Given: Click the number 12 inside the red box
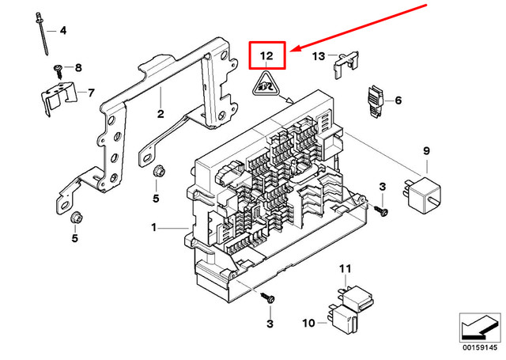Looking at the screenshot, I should (267, 56).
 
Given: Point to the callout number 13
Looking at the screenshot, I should (318, 56).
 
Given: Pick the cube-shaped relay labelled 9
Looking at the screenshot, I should (425, 195).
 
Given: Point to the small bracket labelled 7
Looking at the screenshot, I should (59, 99).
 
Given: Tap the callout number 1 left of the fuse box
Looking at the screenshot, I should (154, 228).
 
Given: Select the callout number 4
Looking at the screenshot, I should (63, 31).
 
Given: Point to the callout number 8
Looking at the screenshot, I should (77, 68).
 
